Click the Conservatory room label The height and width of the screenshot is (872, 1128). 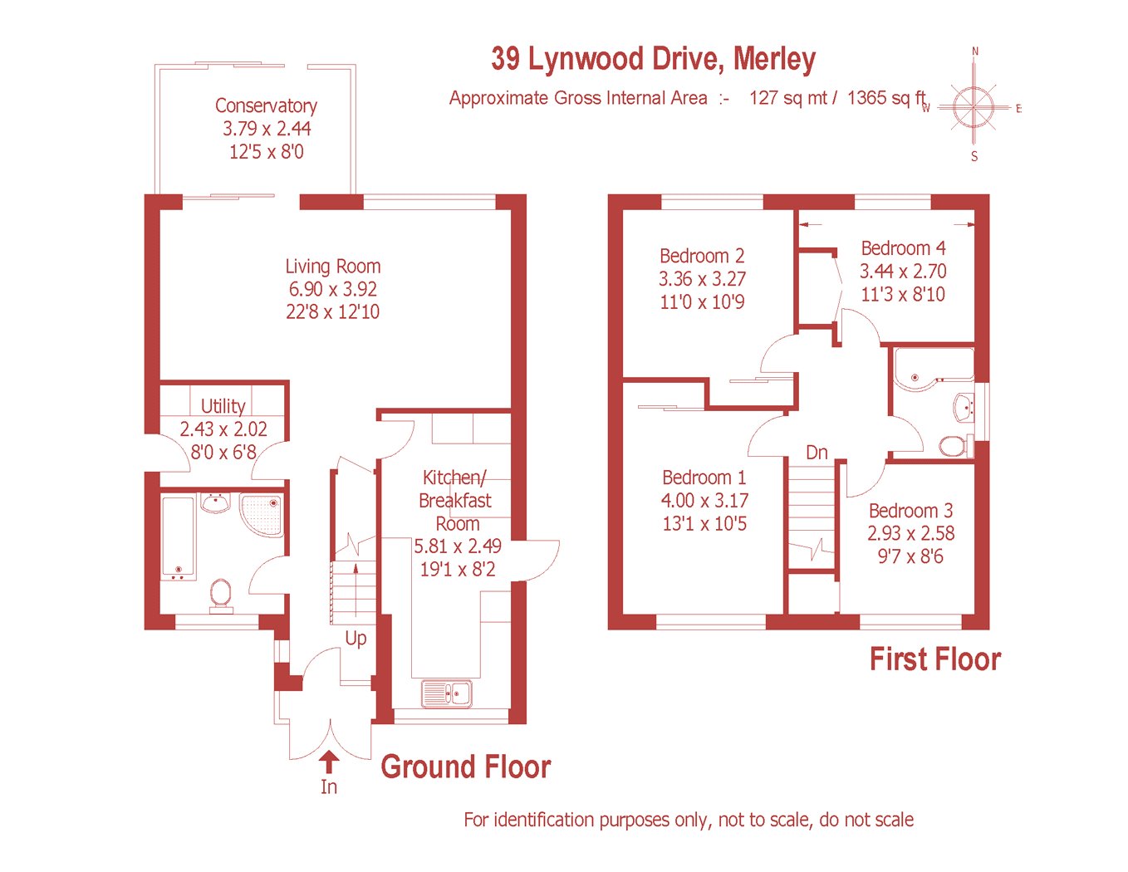(266, 105)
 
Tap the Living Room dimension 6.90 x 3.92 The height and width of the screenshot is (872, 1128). (333, 289)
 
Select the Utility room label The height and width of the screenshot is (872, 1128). (223, 405)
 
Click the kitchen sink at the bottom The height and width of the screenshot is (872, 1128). (447, 693)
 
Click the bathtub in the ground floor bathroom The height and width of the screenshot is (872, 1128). (178, 538)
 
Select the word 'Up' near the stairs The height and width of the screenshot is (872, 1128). (356, 638)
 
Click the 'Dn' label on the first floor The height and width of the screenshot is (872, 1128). (817, 453)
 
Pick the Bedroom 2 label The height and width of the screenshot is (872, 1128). (702, 256)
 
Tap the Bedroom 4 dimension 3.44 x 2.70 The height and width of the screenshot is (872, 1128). (903, 271)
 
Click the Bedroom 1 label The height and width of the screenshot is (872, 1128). (704, 478)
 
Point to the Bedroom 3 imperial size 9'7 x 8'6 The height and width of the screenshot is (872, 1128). (910, 556)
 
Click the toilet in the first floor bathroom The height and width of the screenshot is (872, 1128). (956, 446)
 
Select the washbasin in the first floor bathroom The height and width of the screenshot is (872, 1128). (964, 408)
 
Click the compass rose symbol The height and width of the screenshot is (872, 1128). (974, 108)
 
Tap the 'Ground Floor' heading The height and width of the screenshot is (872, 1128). (466, 767)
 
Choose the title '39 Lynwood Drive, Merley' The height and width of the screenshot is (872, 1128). (653, 59)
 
